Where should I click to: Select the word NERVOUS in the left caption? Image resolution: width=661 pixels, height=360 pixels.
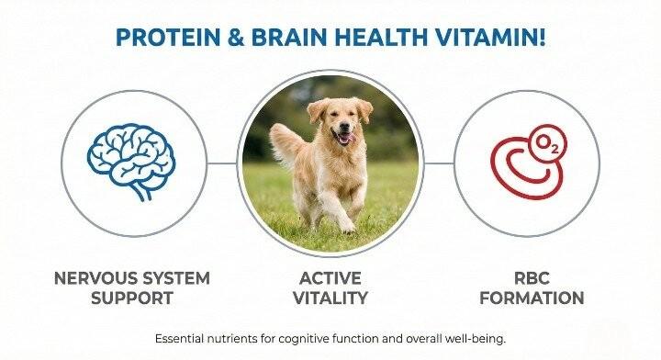95,278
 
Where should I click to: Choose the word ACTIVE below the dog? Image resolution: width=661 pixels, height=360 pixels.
330,278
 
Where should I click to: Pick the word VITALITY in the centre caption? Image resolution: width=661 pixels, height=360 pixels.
330,298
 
